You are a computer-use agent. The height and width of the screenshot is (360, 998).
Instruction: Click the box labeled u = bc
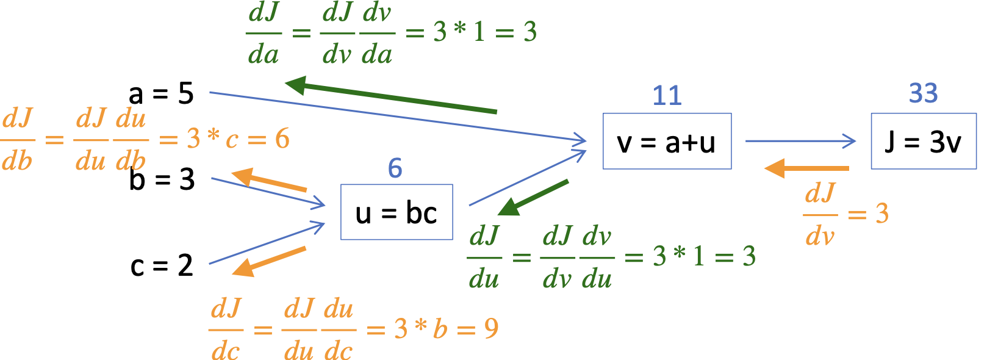pyautogui.click(x=397, y=212)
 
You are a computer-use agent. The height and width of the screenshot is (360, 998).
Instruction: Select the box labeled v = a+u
pyautogui.click(x=667, y=141)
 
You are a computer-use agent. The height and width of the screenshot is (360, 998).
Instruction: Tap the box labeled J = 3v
pyautogui.click(x=924, y=141)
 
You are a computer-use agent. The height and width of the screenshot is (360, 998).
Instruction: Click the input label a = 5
pyautogui.click(x=161, y=94)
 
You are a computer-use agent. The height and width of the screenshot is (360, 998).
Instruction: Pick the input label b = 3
pyautogui.click(x=162, y=179)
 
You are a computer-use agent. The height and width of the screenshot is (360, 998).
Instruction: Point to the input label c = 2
pyautogui.click(x=162, y=265)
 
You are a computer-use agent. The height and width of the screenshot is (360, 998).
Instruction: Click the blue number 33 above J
pyautogui.click(x=923, y=93)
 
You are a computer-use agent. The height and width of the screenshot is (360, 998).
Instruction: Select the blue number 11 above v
pyautogui.click(x=667, y=96)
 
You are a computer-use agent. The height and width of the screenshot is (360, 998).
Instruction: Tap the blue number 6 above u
pyautogui.click(x=395, y=168)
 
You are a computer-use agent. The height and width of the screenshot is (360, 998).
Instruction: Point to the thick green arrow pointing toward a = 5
pyautogui.click(x=390, y=98)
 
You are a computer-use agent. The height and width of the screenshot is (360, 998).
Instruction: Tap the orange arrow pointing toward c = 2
pyautogui.click(x=268, y=261)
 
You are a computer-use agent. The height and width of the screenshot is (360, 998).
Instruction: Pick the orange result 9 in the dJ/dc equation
pyautogui.click(x=491, y=329)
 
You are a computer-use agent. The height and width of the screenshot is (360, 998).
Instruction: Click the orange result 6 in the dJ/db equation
pyautogui.click(x=282, y=139)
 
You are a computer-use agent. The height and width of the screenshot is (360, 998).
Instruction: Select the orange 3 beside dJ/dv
pyautogui.click(x=881, y=214)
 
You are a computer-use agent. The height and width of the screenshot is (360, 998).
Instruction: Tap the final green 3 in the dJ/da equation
pyautogui.click(x=530, y=32)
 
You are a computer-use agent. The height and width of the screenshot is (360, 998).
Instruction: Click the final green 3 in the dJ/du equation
pyautogui.click(x=748, y=256)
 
